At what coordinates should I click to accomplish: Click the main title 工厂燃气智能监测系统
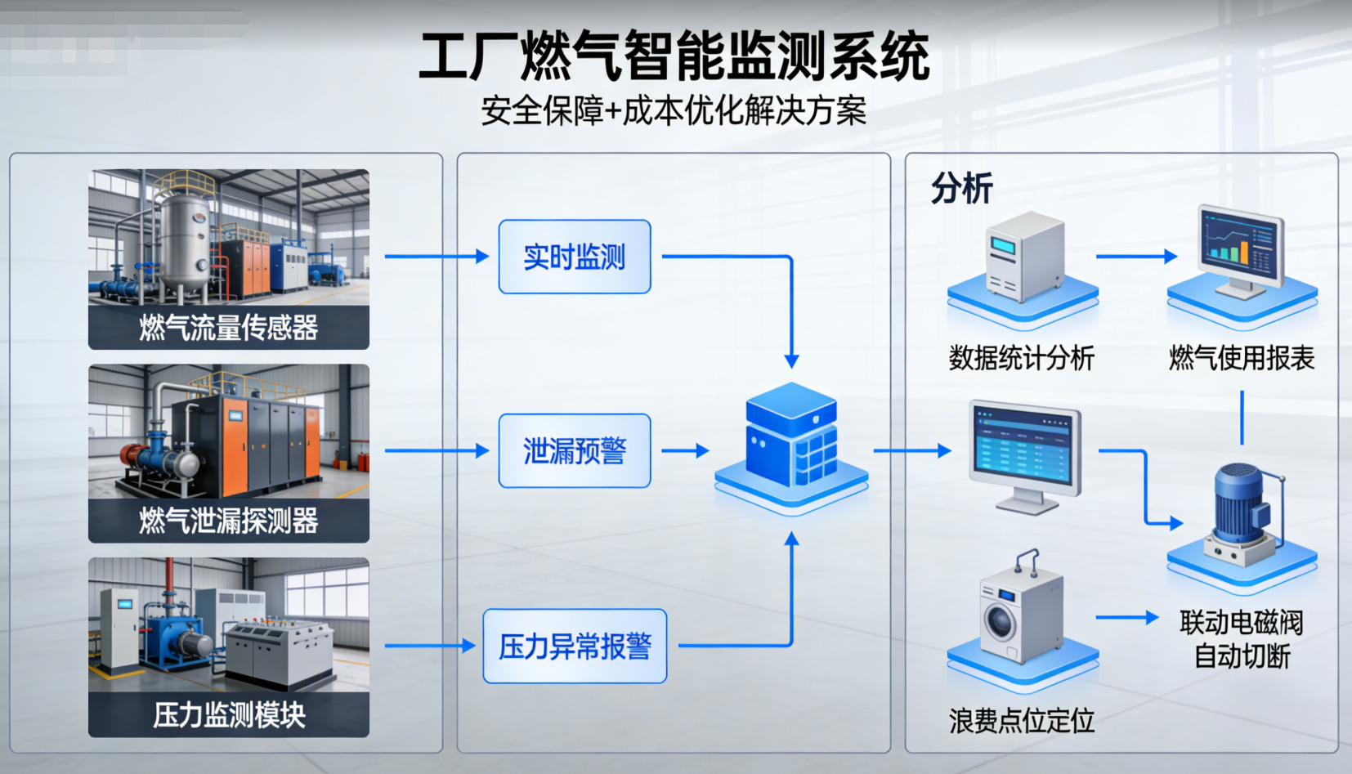674,57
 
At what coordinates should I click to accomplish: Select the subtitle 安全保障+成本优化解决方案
674,110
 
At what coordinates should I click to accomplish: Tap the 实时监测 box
575,257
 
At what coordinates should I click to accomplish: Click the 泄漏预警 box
575,451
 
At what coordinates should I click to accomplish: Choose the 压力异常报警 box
575,646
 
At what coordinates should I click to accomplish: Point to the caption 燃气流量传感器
229,328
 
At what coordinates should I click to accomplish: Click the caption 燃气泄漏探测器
229,521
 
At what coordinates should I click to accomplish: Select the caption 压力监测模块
229,715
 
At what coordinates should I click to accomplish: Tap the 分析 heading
961,189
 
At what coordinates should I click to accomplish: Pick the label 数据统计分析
1021,358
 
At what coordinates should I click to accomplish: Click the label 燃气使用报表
1242,358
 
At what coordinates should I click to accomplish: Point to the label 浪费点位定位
1021,721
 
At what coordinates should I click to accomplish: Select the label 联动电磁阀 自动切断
1242,639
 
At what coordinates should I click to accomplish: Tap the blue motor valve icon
1242,511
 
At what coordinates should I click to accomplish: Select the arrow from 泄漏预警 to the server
685,451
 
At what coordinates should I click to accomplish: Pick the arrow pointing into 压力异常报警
429,646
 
